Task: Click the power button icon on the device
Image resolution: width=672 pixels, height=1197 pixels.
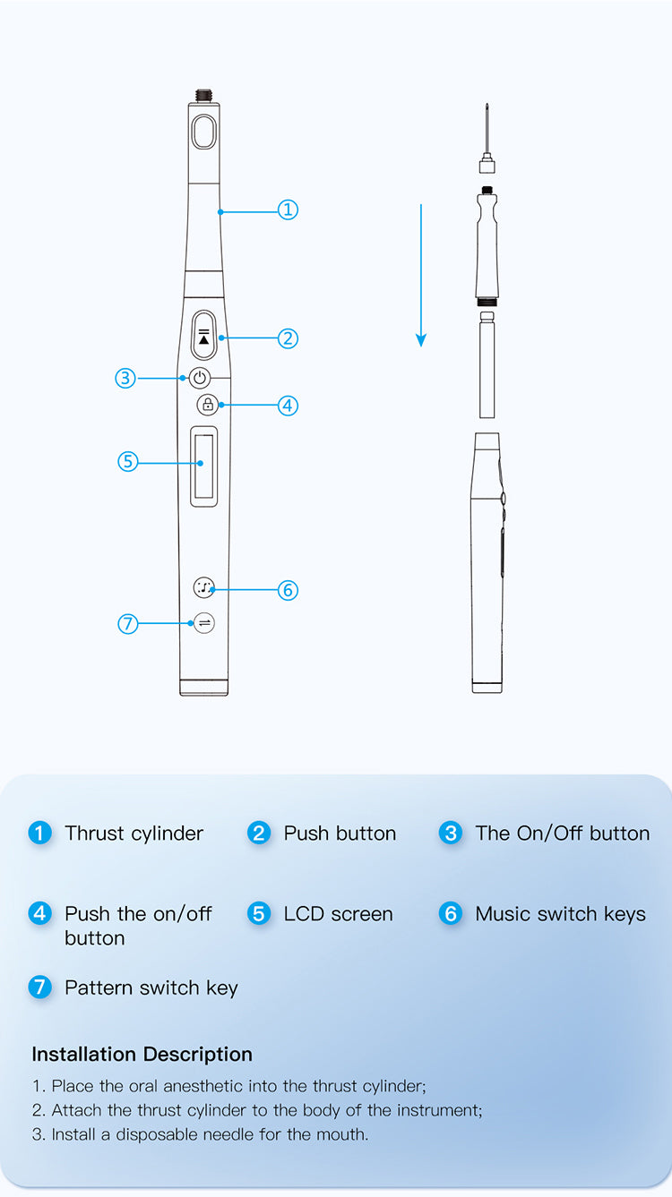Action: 200,379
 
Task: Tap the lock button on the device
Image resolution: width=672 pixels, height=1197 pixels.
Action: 208,405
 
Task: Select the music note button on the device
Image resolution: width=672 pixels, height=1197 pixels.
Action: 203,588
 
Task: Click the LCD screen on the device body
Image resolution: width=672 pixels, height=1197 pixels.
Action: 203,466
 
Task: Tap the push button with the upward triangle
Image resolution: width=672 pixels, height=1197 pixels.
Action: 203,336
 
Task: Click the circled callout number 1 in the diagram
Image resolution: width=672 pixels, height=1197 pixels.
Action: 288,210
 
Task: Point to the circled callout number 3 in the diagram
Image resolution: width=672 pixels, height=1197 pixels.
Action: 125,379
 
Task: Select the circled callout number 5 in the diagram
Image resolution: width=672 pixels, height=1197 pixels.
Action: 128,462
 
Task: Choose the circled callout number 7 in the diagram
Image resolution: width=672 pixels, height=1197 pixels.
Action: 128,624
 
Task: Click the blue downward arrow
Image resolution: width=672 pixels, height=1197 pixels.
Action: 421,275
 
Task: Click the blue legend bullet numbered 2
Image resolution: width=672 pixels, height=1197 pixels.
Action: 259,834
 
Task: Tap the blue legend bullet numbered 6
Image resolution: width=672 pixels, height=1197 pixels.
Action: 451,914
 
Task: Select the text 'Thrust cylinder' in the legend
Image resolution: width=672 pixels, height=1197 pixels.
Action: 134,834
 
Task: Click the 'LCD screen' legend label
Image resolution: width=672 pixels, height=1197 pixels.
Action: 339,914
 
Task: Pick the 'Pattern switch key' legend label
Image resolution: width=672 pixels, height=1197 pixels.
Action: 151,988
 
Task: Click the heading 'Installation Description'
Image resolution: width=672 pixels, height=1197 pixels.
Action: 142,1055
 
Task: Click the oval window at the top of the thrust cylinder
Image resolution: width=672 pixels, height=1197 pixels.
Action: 203,132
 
